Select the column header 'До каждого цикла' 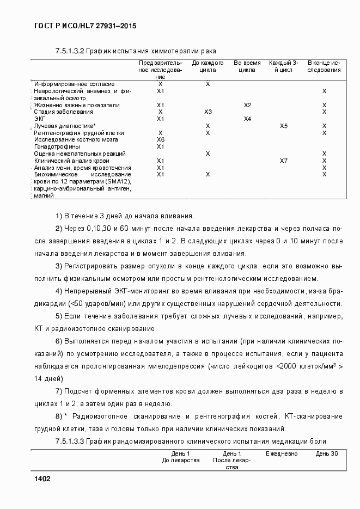(x=208, y=66)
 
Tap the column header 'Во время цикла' (x=247, y=66)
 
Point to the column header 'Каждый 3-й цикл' (x=284, y=66)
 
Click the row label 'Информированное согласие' (x=74, y=84)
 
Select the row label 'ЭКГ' (x=40, y=119)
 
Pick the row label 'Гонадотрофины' (x=57, y=147)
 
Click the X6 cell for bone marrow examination (x=161, y=140)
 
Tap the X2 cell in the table (x=247, y=105)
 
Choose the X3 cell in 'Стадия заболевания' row (x=208, y=112)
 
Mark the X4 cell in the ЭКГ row (x=247, y=119)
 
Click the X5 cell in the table (x=284, y=126)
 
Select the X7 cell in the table (x=284, y=161)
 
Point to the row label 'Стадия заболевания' (x=63, y=112)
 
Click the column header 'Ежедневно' (x=282, y=453)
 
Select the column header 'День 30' (x=327, y=453)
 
